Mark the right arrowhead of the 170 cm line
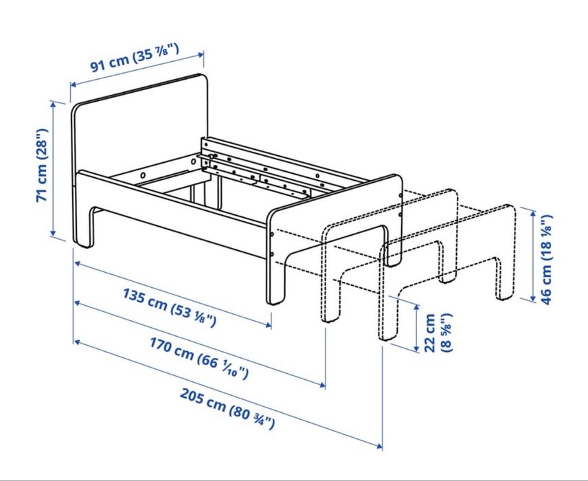tap(324, 385)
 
